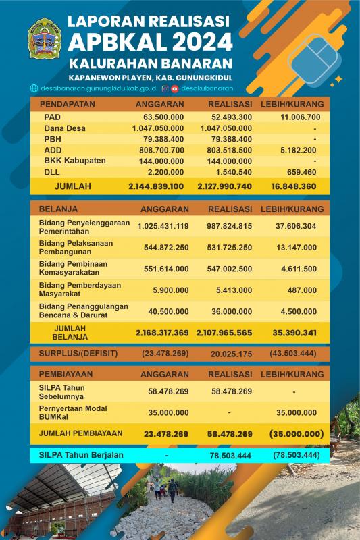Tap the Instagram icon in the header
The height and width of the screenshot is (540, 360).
[165, 88]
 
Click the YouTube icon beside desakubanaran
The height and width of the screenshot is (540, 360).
[175, 88]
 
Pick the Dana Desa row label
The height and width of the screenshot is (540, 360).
[66, 128]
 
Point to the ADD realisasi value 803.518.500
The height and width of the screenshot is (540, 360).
[230, 150]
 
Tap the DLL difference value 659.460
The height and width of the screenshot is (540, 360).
[303, 171]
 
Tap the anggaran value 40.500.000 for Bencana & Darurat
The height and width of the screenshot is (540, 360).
[165, 312]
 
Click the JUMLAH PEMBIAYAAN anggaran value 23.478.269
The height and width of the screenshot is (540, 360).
[165, 434]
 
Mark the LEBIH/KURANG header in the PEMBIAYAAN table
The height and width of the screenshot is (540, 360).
[292, 373]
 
